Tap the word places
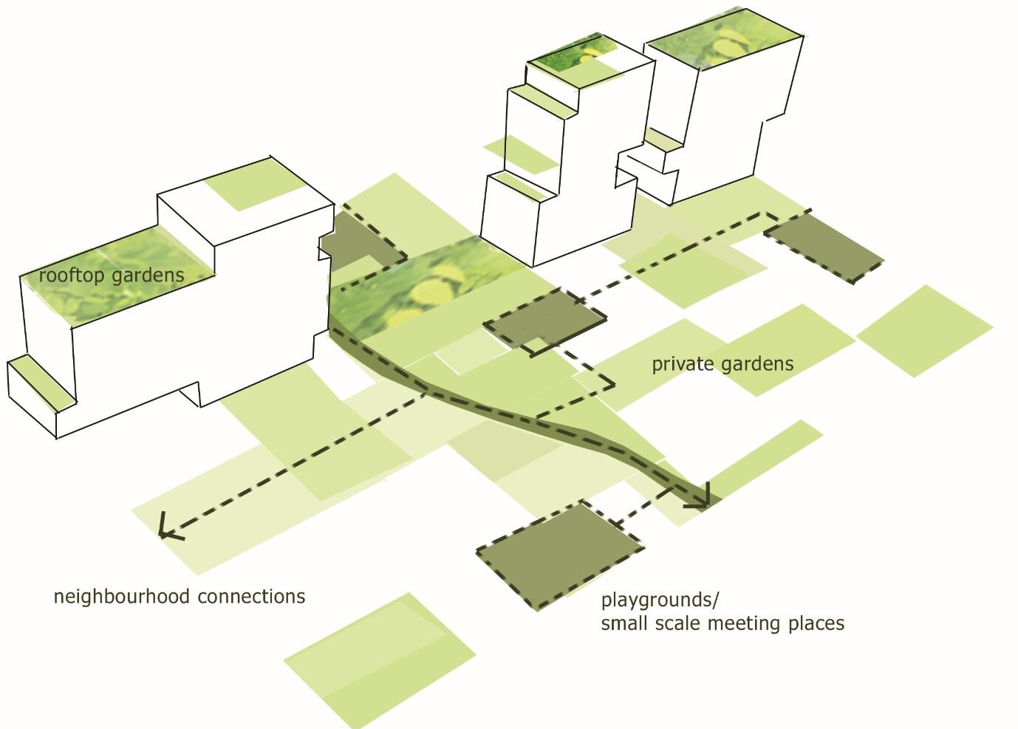tap(816, 623)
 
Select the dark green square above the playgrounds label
tap(559, 555)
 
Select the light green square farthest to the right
tap(924, 330)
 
